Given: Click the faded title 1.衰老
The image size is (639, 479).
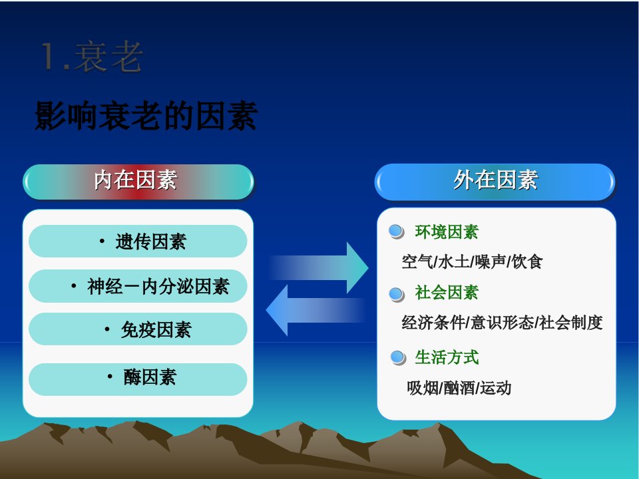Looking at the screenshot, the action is coord(92,57).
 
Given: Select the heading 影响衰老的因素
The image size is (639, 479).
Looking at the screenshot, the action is coord(146,116).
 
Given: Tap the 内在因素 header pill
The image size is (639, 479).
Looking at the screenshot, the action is coord(138,182).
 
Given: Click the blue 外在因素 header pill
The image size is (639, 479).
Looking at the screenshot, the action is coord(495,182).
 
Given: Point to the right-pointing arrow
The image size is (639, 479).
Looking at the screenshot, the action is coord(319,267).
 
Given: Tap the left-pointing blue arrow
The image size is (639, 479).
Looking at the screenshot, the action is coord(316,311).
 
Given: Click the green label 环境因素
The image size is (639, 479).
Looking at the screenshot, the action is coord(447,232).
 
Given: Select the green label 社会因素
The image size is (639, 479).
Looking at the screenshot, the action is coord(447,293).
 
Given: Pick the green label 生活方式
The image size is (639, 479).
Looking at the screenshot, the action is coord(447,357).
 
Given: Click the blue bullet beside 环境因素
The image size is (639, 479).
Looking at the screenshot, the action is coord(396,232).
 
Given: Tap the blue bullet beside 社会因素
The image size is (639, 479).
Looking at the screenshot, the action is coord(396,294).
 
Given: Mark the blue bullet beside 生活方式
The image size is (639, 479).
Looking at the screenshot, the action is coord(398,358).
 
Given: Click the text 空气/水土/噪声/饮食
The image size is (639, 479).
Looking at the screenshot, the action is coord(472,261).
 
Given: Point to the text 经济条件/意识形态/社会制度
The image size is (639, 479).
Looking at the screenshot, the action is coord(502,322).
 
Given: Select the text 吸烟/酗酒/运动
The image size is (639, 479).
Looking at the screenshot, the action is coord(459,388).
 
